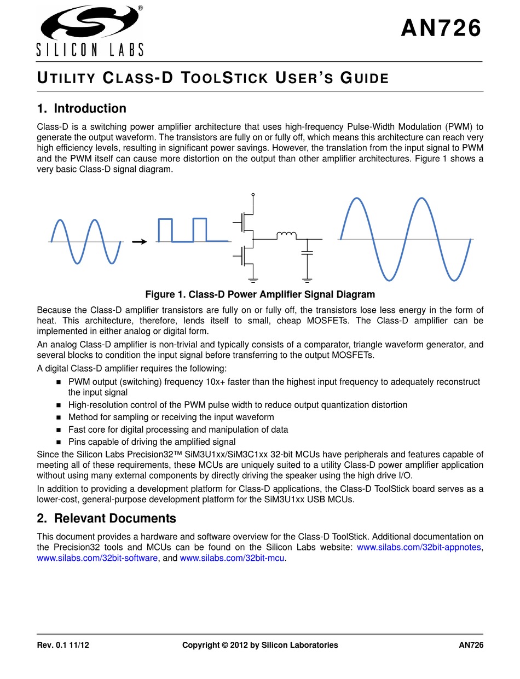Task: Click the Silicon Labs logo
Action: (x=90, y=30)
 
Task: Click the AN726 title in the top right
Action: (x=441, y=29)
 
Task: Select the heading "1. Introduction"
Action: (x=82, y=108)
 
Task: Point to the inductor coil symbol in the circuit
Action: (x=286, y=236)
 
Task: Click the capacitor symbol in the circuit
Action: (x=308, y=253)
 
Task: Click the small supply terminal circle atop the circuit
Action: (x=253, y=194)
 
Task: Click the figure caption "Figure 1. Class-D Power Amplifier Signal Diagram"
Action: (x=260, y=295)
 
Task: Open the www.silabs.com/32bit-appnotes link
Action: (x=419, y=548)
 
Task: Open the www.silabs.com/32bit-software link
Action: (x=96, y=558)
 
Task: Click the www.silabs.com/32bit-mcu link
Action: (x=233, y=558)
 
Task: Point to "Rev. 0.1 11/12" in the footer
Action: (x=63, y=645)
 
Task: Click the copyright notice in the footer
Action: (x=260, y=645)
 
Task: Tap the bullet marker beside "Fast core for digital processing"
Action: (x=59, y=430)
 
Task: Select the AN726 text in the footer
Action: (x=471, y=645)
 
